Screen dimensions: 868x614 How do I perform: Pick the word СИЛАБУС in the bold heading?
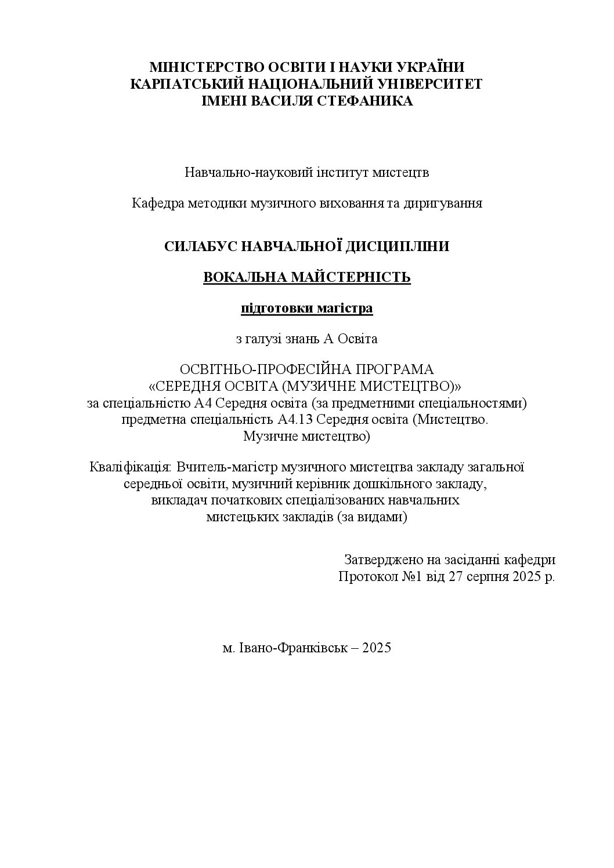(200, 246)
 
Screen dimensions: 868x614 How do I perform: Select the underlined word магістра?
(345, 308)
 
